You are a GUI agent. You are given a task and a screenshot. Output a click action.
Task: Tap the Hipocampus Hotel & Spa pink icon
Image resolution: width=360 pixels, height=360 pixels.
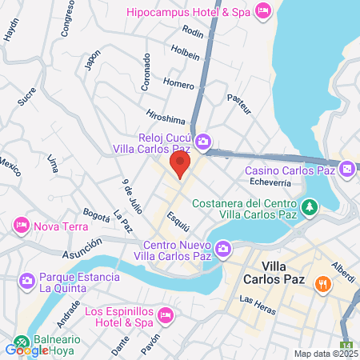tap(262, 10)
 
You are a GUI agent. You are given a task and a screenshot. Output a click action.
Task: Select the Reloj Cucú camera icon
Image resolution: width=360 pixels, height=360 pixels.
tap(203, 142)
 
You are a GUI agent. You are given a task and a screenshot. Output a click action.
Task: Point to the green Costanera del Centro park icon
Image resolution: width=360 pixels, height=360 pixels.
tap(309, 208)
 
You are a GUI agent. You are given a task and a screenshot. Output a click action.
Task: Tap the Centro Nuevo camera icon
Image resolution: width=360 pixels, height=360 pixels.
tap(223, 250)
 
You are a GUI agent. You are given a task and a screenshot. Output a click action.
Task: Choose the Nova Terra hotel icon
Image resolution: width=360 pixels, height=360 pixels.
tap(22, 226)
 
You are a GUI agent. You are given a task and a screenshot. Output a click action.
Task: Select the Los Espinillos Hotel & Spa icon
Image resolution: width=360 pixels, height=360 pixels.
tap(166, 314)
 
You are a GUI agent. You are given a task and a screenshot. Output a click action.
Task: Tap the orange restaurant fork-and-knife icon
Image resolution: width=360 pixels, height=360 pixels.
tap(323, 283)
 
